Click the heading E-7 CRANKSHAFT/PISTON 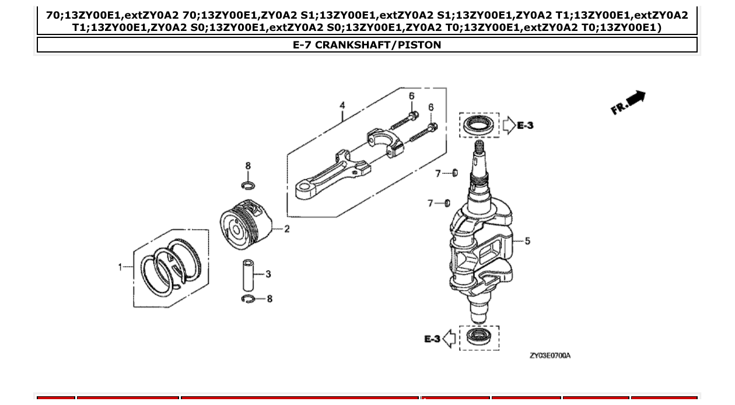tap(367, 45)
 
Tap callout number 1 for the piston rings tap(120, 267)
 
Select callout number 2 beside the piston tap(287, 229)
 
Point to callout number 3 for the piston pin tap(268, 274)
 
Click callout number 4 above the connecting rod tap(342, 105)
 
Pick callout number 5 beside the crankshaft tap(527, 240)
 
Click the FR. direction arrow tap(629, 102)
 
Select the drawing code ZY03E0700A tap(549, 355)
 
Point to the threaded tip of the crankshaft tap(479, 146)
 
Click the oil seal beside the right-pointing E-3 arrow tap(478, 124)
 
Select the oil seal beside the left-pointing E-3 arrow tap(478, 338)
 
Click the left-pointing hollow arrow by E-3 tap(449, 338)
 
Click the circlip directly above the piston tap(248, 186)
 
